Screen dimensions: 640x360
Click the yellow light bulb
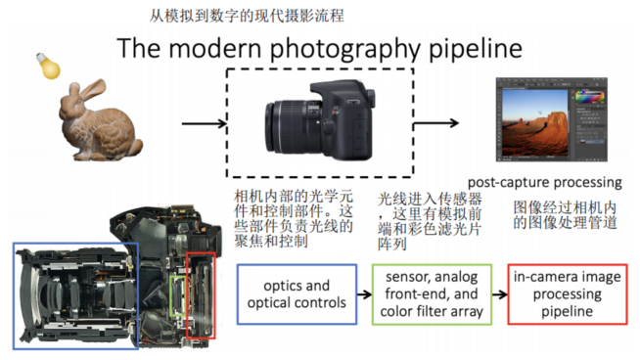click(x=45, y=66)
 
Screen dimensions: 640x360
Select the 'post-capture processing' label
click(x=544, y=182)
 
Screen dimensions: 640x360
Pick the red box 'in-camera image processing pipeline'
click(x=568, y=294)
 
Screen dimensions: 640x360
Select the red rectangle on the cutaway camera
click(x=201, y=293)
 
